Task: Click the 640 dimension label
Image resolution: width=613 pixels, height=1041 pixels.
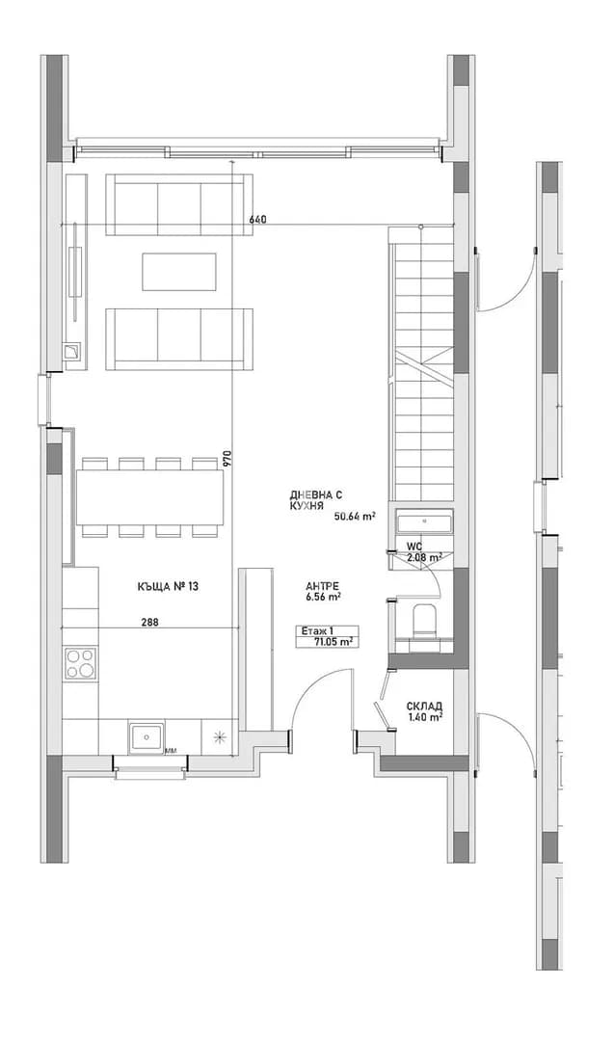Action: tap(257, 220)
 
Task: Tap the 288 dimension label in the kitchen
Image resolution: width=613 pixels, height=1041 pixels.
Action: tap(149, 622)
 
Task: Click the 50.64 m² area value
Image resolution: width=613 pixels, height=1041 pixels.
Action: tap(351, 515)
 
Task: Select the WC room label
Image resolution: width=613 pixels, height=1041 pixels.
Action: tap(414, 547)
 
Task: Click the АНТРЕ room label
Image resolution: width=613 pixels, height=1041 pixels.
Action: tap(323, 586)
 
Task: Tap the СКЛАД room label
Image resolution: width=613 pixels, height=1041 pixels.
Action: tap(425, 707)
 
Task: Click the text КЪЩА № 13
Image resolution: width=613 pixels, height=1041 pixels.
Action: tap(168, 586)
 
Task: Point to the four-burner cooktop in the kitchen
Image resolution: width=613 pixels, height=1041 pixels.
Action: tap(80, 662)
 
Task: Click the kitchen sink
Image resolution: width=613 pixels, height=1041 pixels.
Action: tap(147, 737)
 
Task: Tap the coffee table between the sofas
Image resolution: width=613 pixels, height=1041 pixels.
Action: tap(180, 271)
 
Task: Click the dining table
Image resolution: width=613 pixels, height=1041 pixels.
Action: tap(149, 496)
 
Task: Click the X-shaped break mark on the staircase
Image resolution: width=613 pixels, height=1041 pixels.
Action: tap(424, 366)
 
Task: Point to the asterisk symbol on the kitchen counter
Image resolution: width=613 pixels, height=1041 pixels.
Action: tap(219, 737)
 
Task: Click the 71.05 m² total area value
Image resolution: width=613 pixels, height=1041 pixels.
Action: tap(333, 641)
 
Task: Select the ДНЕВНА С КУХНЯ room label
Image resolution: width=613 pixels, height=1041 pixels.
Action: tap(316, 499)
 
